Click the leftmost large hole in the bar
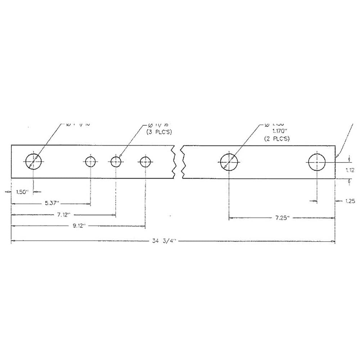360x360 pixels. click(x=33, y=162)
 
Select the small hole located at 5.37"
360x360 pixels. click(x=90, y=162)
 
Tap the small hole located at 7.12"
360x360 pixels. click(x=116, y=162)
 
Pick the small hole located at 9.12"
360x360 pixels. click(x=145, y=162)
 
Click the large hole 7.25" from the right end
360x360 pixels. click(x=229, y=162)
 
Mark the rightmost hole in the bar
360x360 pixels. click(x=317, y=162)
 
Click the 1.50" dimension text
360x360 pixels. click(x=22, y=192)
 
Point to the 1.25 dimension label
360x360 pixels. click(x=348, y=201)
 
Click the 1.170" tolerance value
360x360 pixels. click(x=277, y=131)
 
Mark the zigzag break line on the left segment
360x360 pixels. click(x=175, y=162)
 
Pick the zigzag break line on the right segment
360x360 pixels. click(x=184, y=162)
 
